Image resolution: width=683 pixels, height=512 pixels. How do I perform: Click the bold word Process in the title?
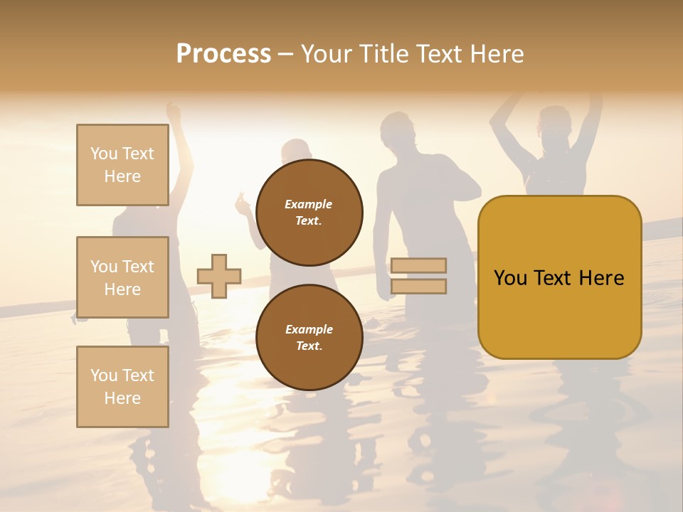[223, 53]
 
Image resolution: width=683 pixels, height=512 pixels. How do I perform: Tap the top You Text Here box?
[122, 165]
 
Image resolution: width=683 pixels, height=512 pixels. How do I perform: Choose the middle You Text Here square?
[122, 277]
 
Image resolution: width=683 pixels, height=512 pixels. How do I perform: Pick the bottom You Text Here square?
[122, 387]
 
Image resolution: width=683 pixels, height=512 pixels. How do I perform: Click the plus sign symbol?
[219, 276]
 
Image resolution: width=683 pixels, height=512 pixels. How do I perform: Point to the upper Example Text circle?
[309, 213]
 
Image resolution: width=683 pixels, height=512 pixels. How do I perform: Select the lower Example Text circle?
[309, 338]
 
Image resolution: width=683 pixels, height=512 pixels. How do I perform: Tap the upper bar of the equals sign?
[418, 265]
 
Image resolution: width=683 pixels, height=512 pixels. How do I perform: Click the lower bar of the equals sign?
[418, 287]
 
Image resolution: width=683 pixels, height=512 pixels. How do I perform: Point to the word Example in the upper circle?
[308, 204]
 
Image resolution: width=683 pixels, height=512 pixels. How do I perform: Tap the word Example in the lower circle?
[309, 329]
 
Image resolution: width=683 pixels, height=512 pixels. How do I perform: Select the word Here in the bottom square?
[122, 398]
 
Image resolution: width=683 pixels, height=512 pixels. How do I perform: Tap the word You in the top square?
[104, 154]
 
